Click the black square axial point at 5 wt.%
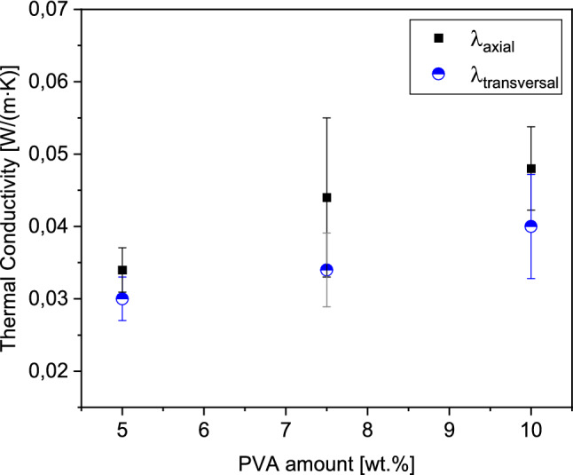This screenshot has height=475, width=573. (122, 270)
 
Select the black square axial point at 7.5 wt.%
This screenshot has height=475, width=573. (326, 197)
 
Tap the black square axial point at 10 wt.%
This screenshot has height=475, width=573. (531, 169)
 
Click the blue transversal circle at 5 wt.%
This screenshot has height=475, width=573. (122, 298)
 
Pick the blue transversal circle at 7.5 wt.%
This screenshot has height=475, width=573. (326, 270)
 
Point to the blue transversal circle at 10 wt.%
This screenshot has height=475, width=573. (531, 226)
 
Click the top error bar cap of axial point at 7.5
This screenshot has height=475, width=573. (326, 117)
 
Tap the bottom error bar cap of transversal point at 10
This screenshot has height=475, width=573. (531, 279)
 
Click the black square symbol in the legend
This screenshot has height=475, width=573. (437, 37)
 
